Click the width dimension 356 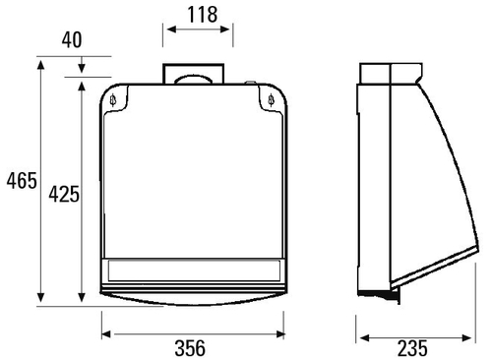[193, 347]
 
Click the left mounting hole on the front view [115, 99]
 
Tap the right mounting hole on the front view [272, 99]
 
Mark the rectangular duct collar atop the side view [391, 75]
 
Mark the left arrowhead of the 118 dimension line [168, 30]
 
